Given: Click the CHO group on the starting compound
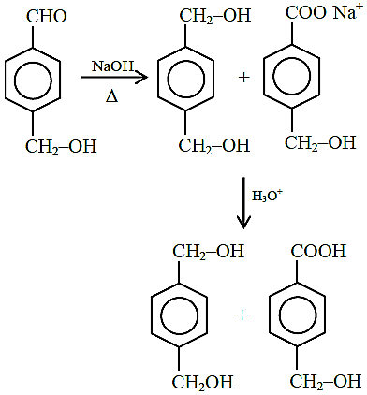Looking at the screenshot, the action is tap(47, 16).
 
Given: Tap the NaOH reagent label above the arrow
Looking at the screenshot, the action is tap(112, 66).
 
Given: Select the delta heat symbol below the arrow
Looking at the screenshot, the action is tap(111, 96).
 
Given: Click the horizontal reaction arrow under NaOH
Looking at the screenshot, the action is tap(114, 77).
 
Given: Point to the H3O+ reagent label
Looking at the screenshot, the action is tap(268, 196).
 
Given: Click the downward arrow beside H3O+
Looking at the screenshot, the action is tap(243, 203).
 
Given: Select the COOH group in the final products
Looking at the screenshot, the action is tap(319, 251).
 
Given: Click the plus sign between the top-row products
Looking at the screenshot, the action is tap(244, 77).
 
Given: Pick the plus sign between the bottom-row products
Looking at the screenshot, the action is tap(242, 315).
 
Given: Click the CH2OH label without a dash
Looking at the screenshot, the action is tap(203, 382).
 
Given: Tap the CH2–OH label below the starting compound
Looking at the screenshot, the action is tap(61, 146).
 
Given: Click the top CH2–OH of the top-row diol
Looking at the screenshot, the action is tap(215, 15).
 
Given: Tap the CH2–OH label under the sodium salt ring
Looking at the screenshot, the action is tap(320, 142).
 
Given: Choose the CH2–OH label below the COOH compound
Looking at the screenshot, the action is tap(326, 381).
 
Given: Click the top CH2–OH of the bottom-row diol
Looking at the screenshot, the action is tap(209, 251).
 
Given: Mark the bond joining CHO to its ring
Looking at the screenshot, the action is tap(33, 36).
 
